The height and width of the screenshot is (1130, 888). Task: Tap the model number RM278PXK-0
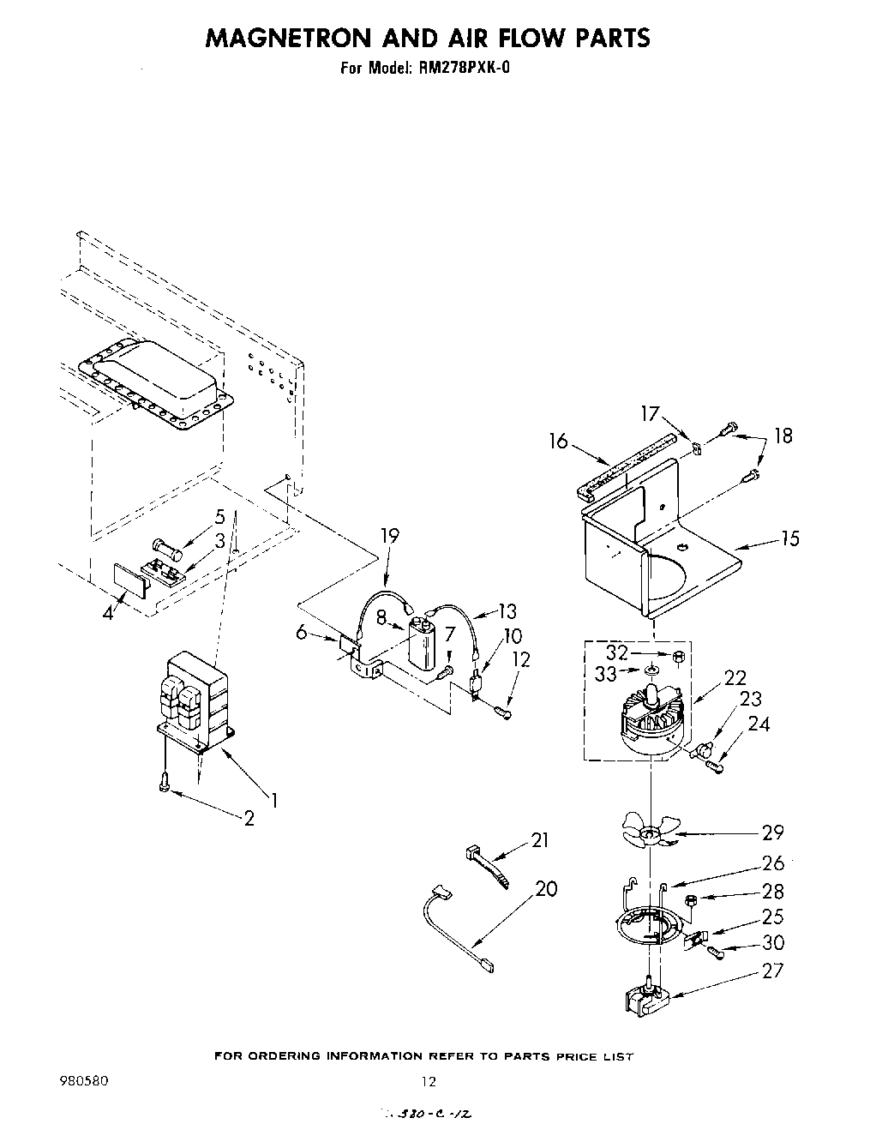coord(466,69)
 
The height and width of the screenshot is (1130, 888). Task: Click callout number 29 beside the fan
coord(771,832)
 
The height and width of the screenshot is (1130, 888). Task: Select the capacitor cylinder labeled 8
coord(421,643)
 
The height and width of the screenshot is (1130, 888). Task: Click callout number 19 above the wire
coord(389,537)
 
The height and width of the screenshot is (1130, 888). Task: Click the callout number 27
coord(772,971)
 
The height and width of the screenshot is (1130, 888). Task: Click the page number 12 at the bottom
coord(429,1081)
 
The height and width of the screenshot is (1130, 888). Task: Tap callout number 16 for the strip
coord(558,441)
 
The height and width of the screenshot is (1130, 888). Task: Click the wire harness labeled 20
coord(454,926)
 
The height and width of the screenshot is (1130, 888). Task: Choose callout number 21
coord(539,840)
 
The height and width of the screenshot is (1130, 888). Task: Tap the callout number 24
coord(759,724)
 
